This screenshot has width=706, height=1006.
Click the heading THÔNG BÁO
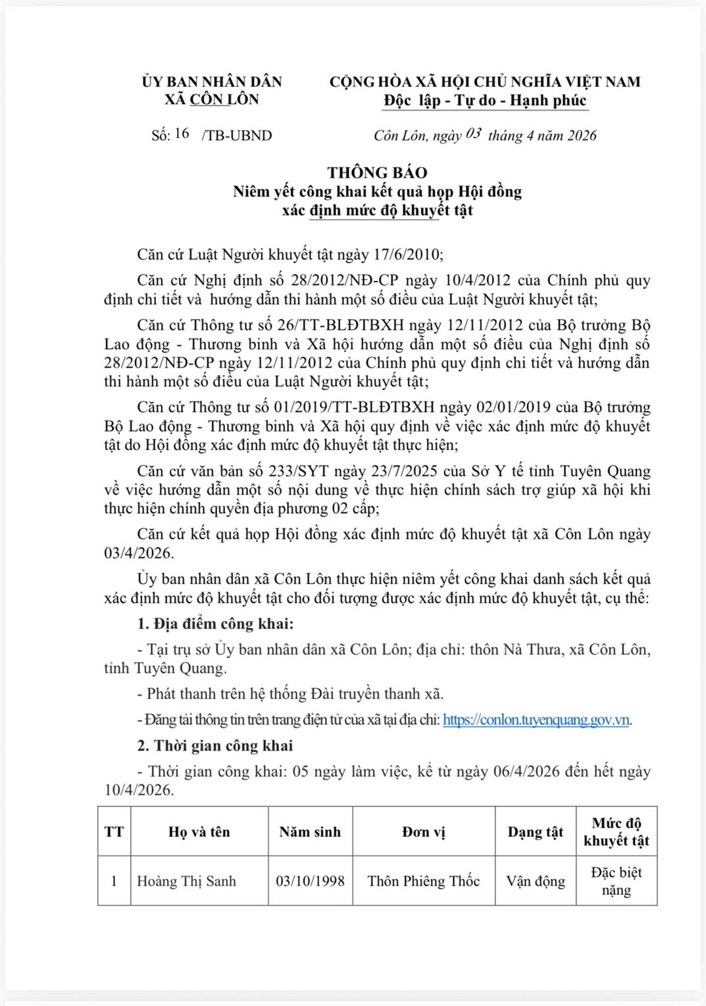point(377,173)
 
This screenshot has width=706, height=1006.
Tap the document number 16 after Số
point(182,134)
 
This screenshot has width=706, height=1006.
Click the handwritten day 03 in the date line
point(473,134)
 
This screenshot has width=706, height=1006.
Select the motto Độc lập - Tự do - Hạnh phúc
point(485,101)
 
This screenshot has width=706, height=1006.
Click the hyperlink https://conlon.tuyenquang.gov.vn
point(536,720)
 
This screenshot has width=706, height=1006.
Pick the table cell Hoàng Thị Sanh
point(186,881)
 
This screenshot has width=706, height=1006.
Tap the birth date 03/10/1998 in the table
point(310,881)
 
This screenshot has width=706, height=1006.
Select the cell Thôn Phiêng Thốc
point(424,881)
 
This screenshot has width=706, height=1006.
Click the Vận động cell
point(535,881)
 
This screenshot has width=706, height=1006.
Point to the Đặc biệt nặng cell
point(616,881)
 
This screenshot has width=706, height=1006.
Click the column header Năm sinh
point(310,832)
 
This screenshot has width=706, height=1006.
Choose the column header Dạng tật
point(535,832)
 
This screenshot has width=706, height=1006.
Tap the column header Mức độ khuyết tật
point(616,832)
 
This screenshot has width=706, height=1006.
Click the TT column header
point(114,832)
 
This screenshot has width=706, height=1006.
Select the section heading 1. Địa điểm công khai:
point(215,624)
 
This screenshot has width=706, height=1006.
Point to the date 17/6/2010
point(408,255)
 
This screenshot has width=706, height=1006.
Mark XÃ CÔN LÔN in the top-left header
point(211,99)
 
